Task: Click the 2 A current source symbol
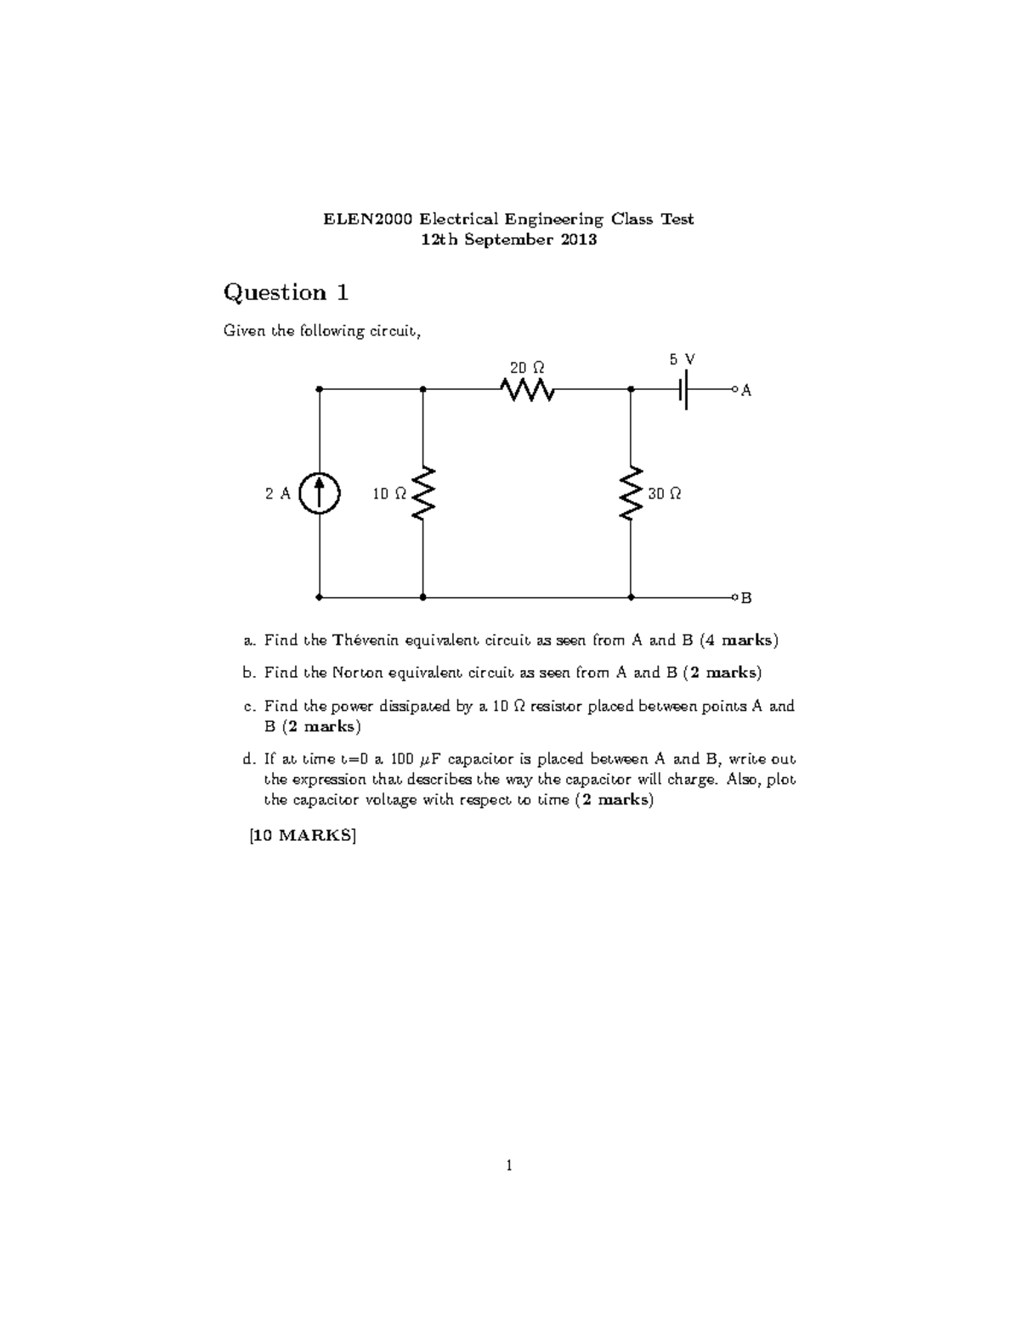pos(320,493)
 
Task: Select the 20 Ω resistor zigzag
pos(528,390)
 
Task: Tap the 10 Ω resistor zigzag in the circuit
pos(423,493)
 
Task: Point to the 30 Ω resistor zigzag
pos(631,493)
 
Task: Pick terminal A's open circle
pos(734,390)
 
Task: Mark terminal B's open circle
pos(734,597)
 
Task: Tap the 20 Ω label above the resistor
pos(527,368)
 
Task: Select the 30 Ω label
pos(665,493)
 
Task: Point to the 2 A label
pos(277,493)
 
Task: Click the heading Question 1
pos(286,293)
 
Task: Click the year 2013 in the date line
pos(578,240)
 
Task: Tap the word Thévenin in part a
pos(365,640)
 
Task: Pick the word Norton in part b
pos(358,673)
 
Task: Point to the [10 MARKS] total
pos(303,835)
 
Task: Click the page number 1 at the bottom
pos(509,1166)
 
